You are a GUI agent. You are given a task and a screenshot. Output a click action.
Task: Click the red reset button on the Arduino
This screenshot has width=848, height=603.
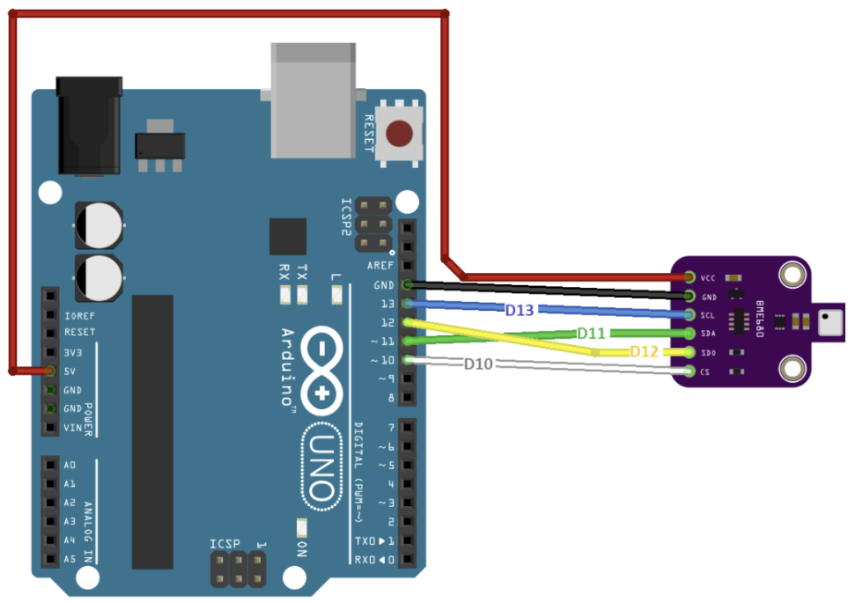[401, 135]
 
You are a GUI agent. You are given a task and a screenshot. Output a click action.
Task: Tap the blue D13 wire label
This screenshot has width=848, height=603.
[520, 310]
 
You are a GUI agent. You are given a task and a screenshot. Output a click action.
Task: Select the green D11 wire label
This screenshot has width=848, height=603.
[591, 334]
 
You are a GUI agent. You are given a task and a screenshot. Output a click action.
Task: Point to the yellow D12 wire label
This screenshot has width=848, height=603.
[644, 352]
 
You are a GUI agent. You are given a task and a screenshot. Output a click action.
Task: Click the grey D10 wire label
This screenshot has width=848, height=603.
[479, 364]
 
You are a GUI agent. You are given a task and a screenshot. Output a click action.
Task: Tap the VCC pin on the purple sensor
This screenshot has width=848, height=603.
[689, 277]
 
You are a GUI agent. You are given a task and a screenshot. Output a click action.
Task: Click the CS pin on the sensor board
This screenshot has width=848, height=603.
[689, 371]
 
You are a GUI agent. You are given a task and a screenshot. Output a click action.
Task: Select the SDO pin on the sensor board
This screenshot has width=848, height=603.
[689, 353]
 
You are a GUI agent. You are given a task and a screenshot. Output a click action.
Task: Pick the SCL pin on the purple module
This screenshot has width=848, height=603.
[689, 315]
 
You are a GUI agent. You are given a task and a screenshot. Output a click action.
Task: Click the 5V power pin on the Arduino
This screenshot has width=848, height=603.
[51, 371]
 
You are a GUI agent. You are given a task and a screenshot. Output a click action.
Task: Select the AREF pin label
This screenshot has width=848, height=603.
[380, 266]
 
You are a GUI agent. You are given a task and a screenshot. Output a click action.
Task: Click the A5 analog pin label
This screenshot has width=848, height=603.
[70, 559]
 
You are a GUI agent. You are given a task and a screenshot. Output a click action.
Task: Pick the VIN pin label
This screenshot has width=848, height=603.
[72, 428]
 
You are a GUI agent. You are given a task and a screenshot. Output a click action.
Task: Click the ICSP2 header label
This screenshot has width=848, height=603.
[348, 216]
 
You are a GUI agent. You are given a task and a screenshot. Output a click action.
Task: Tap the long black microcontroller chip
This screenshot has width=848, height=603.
[152, 431]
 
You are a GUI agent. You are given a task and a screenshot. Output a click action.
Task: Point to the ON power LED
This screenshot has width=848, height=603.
[302, 528]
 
